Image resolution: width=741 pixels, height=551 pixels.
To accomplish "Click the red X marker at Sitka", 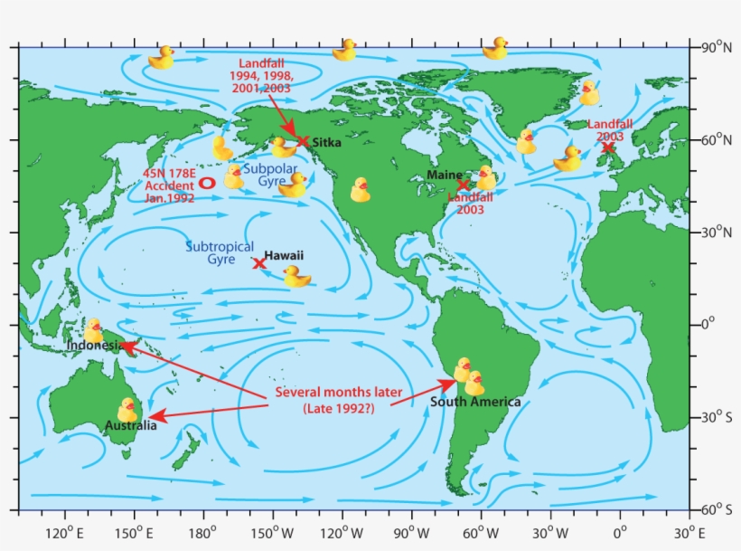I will point(303,141).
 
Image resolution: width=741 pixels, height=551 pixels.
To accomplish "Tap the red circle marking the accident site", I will point(207,182).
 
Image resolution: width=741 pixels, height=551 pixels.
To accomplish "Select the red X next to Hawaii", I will point(259,263).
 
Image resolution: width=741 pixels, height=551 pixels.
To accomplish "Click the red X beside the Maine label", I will point(464,185).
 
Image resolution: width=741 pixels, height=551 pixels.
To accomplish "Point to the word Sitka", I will point(327,142).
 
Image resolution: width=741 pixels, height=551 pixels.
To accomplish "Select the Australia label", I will point(128,425).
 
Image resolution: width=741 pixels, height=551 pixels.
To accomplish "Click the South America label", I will point(475,402).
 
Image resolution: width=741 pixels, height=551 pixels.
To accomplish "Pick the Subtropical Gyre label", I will point(220,252).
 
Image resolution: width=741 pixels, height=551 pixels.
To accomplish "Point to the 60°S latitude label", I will point(719,510).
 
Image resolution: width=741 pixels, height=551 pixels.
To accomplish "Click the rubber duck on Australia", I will point(127,409).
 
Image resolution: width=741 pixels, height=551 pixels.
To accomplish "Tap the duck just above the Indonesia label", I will point(93,329).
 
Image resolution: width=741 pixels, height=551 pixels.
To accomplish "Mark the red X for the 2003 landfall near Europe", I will point(608,147).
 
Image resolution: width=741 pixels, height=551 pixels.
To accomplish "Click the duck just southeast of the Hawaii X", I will point(296,277).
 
